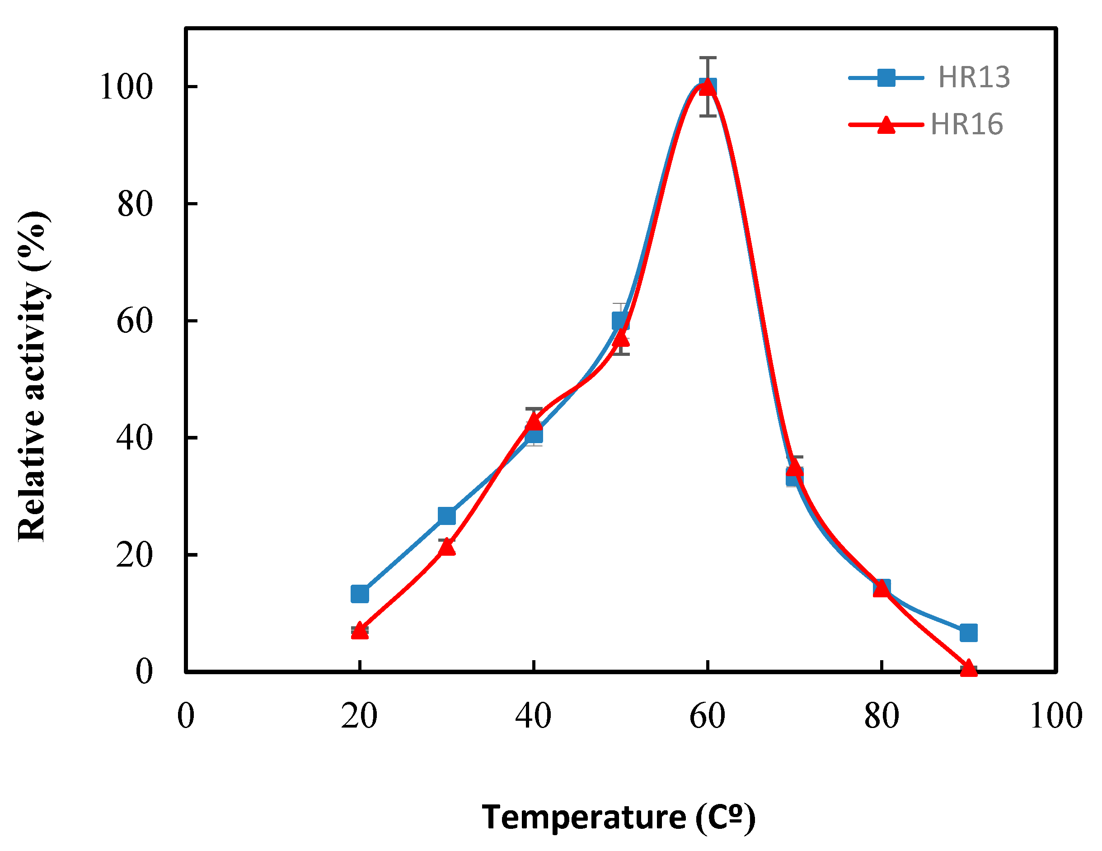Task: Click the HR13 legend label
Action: pos(973,77)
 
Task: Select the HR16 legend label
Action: pos(966,124)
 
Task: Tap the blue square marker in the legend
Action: pos(886,78)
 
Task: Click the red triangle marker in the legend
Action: pos(886,125)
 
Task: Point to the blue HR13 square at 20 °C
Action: pos(359,594)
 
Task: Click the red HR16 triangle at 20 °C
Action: pos(359,631)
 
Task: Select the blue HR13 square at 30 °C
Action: pos(446,515)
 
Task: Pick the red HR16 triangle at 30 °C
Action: pos(446,547)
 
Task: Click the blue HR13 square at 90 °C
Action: pos(968,632)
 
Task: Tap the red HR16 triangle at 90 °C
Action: pos(968,669)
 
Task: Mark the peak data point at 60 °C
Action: pos(708,87)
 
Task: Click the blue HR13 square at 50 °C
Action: pos(620,320)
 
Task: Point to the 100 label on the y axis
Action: pos(126,87)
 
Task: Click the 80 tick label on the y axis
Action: pos(135,204)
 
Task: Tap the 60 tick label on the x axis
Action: pos(707,716)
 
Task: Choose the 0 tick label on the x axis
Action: pos(186,716)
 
